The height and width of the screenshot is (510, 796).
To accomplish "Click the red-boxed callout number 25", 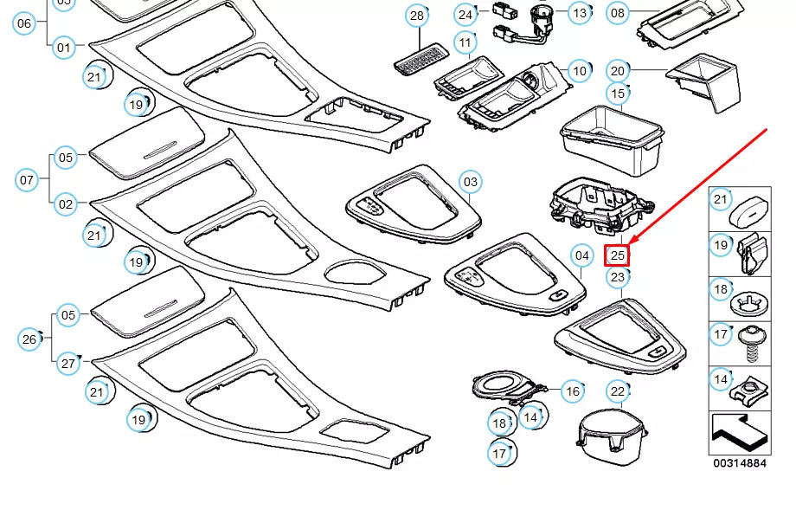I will pyautogui.click(x=617, y=255).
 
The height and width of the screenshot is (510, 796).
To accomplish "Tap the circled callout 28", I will pyautogui.click(x=417, y=15).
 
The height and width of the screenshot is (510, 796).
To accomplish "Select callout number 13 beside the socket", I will pyautogui.click(x=579, y=12).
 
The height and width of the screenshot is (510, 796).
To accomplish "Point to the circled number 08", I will pyautogui.click(x=617, y=12).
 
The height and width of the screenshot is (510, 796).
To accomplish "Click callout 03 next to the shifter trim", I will pyautogui.click(x=470, y=182).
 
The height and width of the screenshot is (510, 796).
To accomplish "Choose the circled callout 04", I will pyautogui.click(x=582, y=255).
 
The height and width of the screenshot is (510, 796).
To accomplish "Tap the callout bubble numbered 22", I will pyautogui.click(x=616, y=392).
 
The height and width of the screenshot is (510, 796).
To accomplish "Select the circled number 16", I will pyautogui.click(x=573, y=391).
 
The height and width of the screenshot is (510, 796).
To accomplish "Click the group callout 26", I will pyautogui.click(x=29, y=339).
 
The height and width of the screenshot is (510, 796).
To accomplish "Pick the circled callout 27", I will pyautogui.click(x=68, y=364).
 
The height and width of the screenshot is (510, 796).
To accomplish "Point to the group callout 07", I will pyautogui.click(x=27, y=181).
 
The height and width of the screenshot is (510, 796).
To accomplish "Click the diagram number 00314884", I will pyautogui.click(x=739, y=463).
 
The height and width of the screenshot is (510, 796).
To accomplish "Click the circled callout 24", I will pyautogui.click(x=465, y=14).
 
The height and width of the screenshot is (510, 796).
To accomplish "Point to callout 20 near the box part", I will pyautogui.click(x=617, y=71).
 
